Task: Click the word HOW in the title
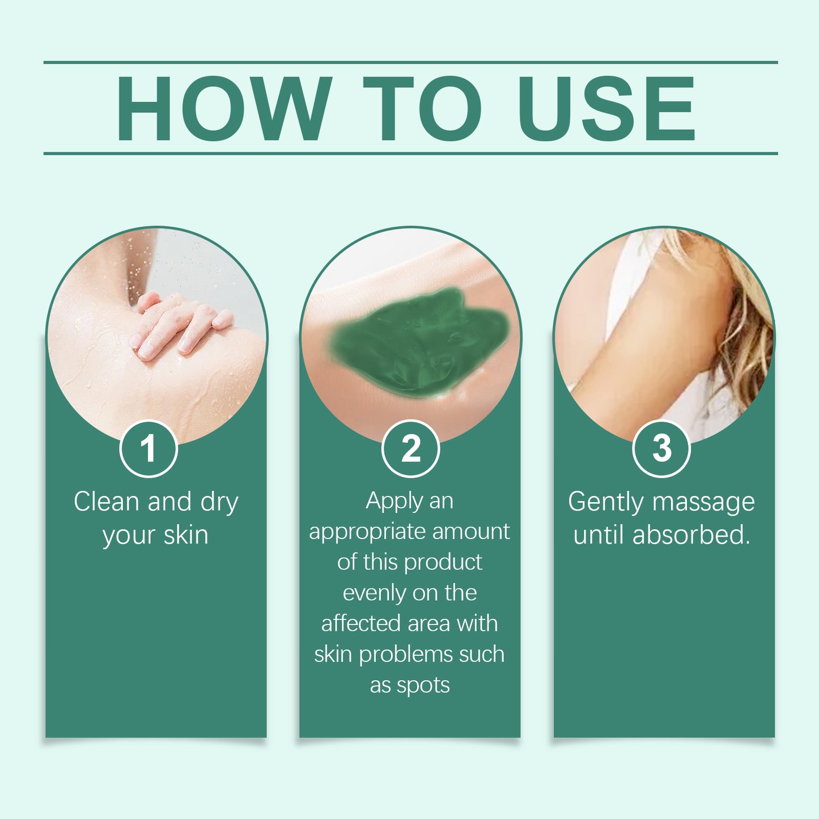click(x=224, y=108)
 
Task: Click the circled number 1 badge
click(x=148, y=448)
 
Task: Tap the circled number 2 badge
click(x=410, y=448)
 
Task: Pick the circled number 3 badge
click(x=661, y=448)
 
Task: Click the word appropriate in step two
click(x=368, y=533)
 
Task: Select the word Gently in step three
click(x=606, y=503)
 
